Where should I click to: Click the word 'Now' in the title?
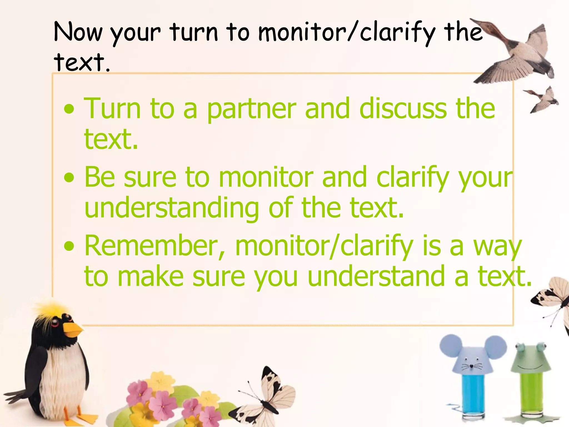78,33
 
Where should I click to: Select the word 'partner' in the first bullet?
251,109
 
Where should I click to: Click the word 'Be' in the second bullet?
99,177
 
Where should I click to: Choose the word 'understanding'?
171,208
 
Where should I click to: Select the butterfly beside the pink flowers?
267,398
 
